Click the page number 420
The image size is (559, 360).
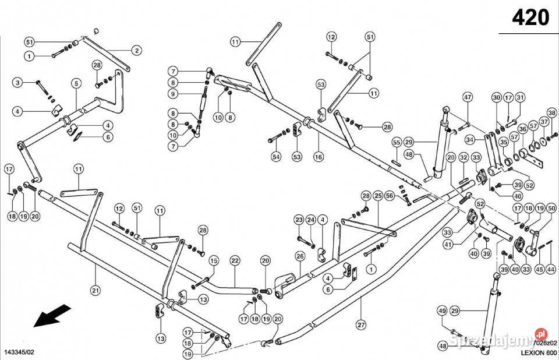(530, 18)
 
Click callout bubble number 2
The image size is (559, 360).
(136, 51)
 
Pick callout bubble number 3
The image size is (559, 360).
(18, 83)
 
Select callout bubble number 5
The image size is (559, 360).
(76, 83)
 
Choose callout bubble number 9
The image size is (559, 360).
(173, 94)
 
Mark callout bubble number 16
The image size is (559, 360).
(318, 157)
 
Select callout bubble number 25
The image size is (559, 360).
(378, 195)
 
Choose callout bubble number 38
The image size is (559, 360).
(551, 112)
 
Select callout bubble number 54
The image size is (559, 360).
(276, 156)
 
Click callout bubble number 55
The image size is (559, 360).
(396, 142)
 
